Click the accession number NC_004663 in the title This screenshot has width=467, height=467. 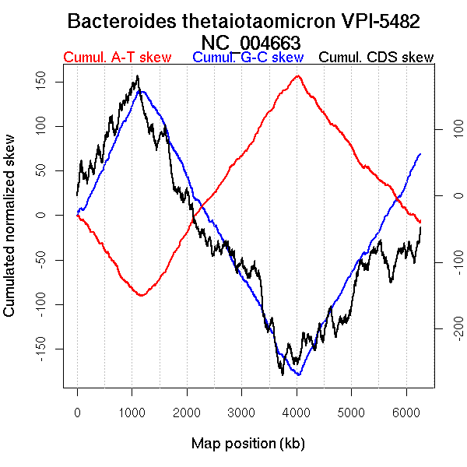(251, 41)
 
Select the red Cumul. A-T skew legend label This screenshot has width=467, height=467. (117, 58)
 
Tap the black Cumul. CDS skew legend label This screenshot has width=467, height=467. (377, 58)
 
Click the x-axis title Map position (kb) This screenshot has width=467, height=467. (248, 444)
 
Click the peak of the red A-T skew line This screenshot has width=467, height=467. (297, 76)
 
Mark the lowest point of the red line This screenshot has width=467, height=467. (140, 296)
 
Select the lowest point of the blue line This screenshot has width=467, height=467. (298, 375)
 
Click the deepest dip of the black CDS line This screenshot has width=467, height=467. (282, 374)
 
